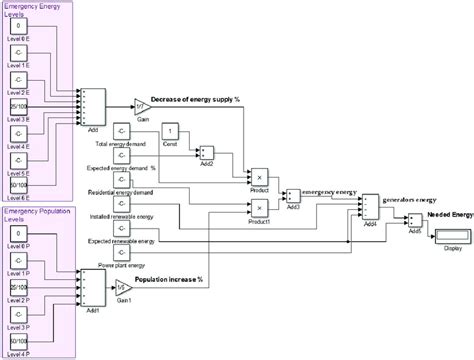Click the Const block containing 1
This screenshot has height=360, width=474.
171,132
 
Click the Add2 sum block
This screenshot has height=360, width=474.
207,152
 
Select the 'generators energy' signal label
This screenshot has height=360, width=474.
408,200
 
